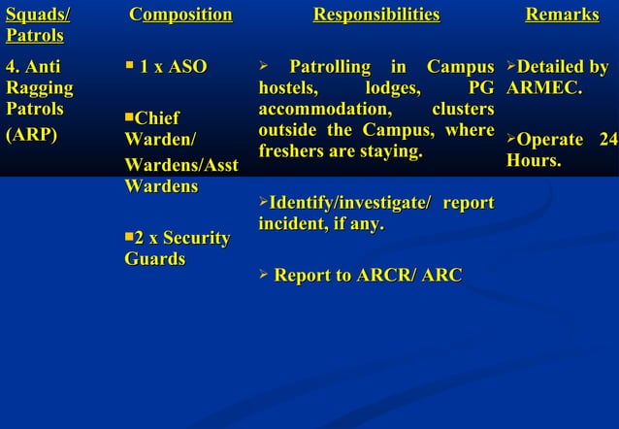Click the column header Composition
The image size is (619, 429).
181,15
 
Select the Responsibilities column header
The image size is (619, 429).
375,15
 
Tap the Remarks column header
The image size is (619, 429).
562,15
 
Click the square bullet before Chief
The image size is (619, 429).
129,117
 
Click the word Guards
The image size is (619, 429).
154,259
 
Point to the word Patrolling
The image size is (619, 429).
330,68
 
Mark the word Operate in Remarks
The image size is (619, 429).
549,141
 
